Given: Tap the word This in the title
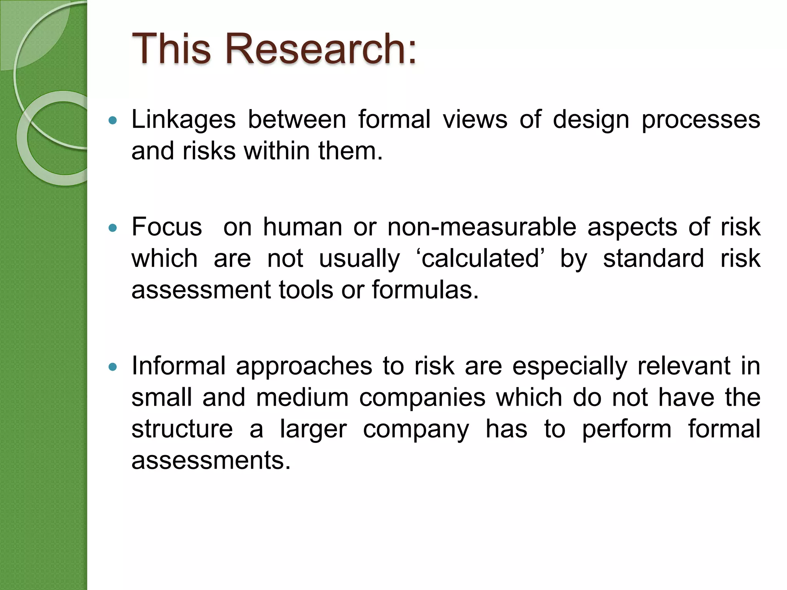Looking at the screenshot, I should [171, 49].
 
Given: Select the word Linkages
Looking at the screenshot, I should [183, 119].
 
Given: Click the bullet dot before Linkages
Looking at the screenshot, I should [113, 121].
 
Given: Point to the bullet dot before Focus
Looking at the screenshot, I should [113, 228].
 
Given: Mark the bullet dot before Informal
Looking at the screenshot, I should [113, 367].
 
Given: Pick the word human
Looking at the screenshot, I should [302, 227].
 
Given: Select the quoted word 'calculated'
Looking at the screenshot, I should [480, 259].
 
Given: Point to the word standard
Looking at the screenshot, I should [653, 259].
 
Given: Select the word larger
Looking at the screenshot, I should [313, 429].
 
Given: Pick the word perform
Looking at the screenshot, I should [627, 429].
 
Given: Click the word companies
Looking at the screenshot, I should [422, 398].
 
